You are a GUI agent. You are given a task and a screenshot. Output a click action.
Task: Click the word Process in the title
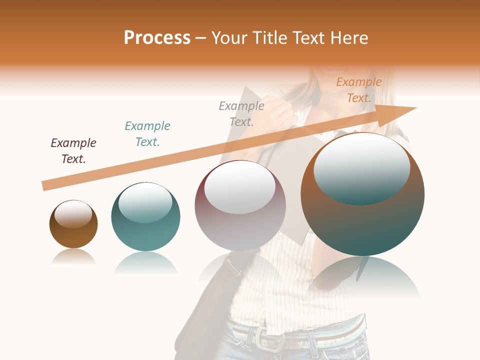157,38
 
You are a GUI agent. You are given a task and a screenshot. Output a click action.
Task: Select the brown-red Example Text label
73,151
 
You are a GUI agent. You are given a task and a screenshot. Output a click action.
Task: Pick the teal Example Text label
147,134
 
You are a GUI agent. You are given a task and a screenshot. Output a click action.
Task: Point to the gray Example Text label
241,114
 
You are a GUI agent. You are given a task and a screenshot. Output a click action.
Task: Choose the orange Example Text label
359,90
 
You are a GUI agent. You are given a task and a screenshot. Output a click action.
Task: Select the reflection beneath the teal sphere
145,263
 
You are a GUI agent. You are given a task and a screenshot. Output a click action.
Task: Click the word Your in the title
229,38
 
